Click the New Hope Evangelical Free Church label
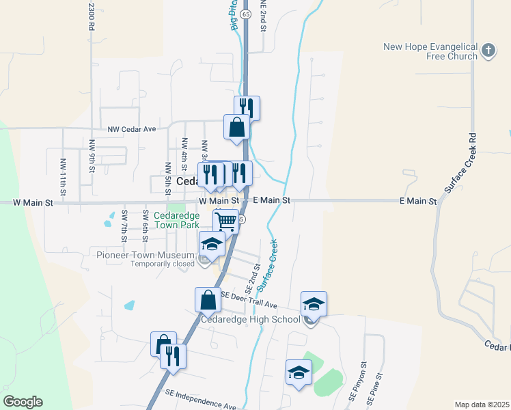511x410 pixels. [x=430, y=51]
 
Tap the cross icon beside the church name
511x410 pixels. [x=488, y=51]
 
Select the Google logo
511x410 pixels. [x=23, y=402]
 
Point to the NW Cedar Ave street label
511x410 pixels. [x=132, y=128]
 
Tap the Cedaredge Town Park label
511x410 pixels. [x=176, y=219]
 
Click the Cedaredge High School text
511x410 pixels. [x=250, y=319]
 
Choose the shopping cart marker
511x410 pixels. [x=225, y=221]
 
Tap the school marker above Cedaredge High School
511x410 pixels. [x=314, y=303]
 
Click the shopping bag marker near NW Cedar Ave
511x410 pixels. [x=236, y=127]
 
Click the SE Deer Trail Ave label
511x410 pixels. [x=249, y=300]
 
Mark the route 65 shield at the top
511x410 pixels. [x=245, y=14]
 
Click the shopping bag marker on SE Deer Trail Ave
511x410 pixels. [x=208, y=300]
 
